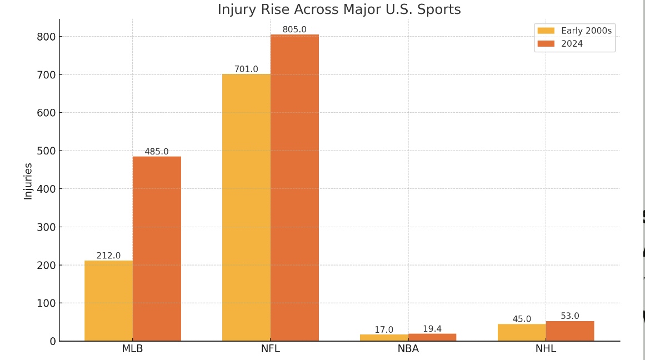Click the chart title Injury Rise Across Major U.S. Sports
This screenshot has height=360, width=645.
pos(339,9)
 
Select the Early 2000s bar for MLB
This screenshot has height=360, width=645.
pos(108,301)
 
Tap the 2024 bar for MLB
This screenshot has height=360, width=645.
pos(157,249)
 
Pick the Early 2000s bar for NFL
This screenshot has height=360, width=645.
pos(246,208)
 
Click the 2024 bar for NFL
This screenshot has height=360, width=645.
pos(294,188)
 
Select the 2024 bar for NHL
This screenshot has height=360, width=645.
pos(570,331)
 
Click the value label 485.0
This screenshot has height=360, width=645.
pos(157,152)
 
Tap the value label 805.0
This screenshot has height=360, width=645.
pos(294,29)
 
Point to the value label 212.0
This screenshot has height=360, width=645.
pos(108,256)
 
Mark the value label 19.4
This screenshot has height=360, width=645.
pos(432,329)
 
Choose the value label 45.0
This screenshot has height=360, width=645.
pos(522,319)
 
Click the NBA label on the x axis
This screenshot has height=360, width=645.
pos(408,349)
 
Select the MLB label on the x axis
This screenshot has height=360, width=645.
pos(132,349)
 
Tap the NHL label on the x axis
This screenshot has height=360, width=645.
pos(546,349)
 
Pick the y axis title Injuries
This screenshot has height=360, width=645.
pos(28,181)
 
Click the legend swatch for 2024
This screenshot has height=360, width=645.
pos(546,44)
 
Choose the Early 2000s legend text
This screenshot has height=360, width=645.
pos(586,31)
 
